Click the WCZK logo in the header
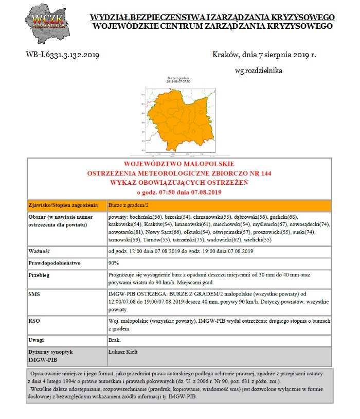coord(48,24)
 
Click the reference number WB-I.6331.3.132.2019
coord(63,54)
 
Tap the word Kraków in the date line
coord(225,54)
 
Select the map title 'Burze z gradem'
coord(178,78)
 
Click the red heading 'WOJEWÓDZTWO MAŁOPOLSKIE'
coord(179,163)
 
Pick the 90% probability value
coord(114,263)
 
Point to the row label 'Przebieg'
coord(39,275)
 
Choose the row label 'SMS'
coord(34,293)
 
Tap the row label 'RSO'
coord(34,321)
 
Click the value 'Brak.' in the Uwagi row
coord(114,340)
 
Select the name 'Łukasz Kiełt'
coord(123,352)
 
